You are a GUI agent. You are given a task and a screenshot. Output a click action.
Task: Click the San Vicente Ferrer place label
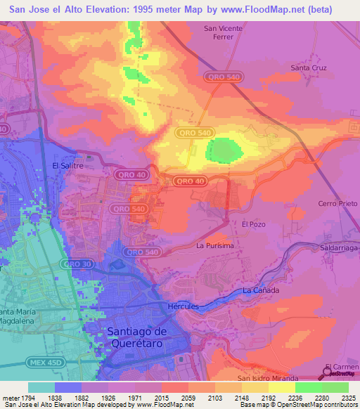223,33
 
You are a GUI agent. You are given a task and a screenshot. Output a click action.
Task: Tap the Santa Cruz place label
309,68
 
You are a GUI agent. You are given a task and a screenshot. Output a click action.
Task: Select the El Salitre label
68,166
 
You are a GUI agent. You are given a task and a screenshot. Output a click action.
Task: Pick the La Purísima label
215,245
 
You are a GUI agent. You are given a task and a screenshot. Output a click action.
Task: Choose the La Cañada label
261,290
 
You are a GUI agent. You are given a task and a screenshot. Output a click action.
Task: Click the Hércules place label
184,306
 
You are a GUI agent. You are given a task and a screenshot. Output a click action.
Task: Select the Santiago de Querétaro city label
146,337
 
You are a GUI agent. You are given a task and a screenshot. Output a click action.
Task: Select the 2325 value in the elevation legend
347,397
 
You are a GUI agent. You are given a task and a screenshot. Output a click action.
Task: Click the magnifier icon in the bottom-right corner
328,371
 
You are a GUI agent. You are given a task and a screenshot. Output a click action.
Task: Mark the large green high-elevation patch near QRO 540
223,150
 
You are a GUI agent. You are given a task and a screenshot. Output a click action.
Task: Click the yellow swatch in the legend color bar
281,387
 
